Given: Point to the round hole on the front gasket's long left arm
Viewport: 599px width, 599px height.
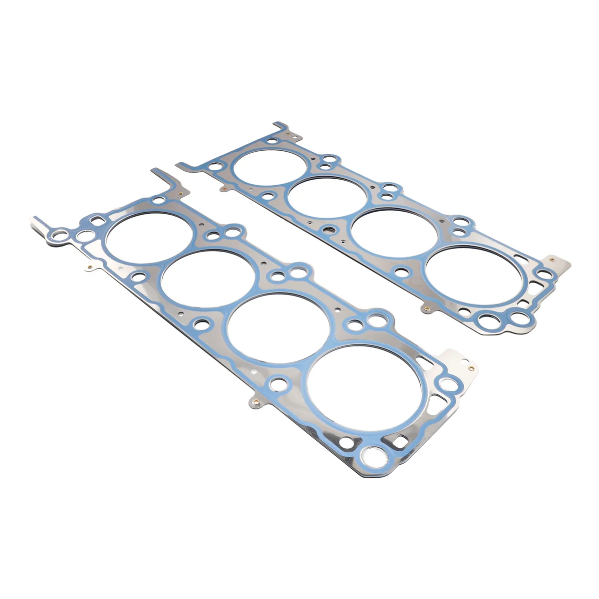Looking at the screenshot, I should (62, 233).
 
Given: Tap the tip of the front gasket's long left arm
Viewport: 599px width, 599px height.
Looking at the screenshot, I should (35, 220).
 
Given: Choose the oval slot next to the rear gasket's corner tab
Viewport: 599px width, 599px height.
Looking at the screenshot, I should (519, 258).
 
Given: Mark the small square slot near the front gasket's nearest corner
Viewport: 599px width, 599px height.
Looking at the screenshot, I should (399, 441).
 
